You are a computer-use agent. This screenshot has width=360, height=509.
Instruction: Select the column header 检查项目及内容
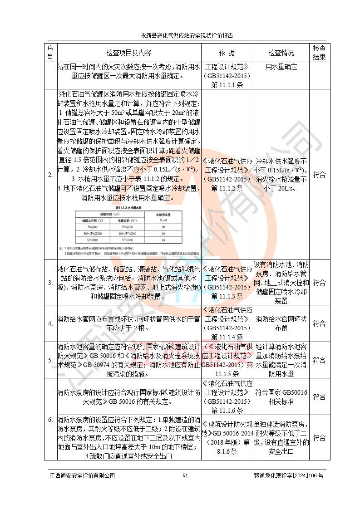click(128, 53)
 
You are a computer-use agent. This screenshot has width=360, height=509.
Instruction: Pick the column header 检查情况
click(281, 53)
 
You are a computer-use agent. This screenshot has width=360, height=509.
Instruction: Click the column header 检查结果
click(319, 53)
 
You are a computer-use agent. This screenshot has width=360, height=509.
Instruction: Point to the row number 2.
click(50, 175)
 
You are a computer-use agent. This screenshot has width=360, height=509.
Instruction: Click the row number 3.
click(50, 283)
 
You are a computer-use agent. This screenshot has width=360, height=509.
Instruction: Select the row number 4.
click(50, 323)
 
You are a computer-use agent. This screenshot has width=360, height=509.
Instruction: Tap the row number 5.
click(50, 360)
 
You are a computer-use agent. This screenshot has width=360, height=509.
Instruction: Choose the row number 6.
click(50, 420)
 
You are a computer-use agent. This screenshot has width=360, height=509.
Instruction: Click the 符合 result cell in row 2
click(319, 175)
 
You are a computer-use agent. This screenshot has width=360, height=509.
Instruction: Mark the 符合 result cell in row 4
click(319, 323)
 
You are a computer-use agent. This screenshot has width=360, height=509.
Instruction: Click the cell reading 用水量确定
click(281, 67)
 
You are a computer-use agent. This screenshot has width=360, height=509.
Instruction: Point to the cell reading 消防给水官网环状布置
click(281, 323)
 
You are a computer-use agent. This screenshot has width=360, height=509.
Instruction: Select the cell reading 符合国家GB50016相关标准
click(281, 397)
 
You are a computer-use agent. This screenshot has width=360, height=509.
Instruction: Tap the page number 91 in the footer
click(185, 475)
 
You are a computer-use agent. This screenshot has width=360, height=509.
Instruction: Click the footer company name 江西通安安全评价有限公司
click(82, 475)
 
